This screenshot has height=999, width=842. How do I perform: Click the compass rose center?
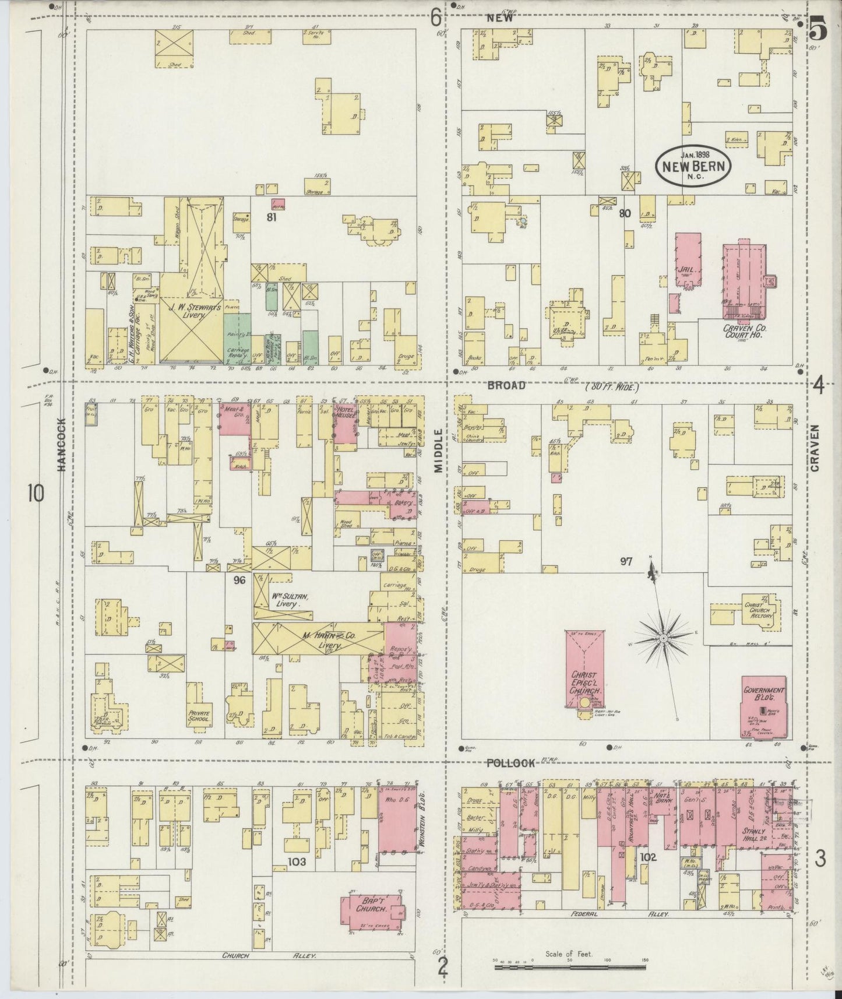[663, 639]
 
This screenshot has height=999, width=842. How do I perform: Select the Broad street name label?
[506, 385]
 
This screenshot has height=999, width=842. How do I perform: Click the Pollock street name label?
[510, 763]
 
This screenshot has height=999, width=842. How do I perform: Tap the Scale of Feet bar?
[570, 967]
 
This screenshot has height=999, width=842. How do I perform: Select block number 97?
[626, 561]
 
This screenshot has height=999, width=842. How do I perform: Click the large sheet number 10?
[34, 494]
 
